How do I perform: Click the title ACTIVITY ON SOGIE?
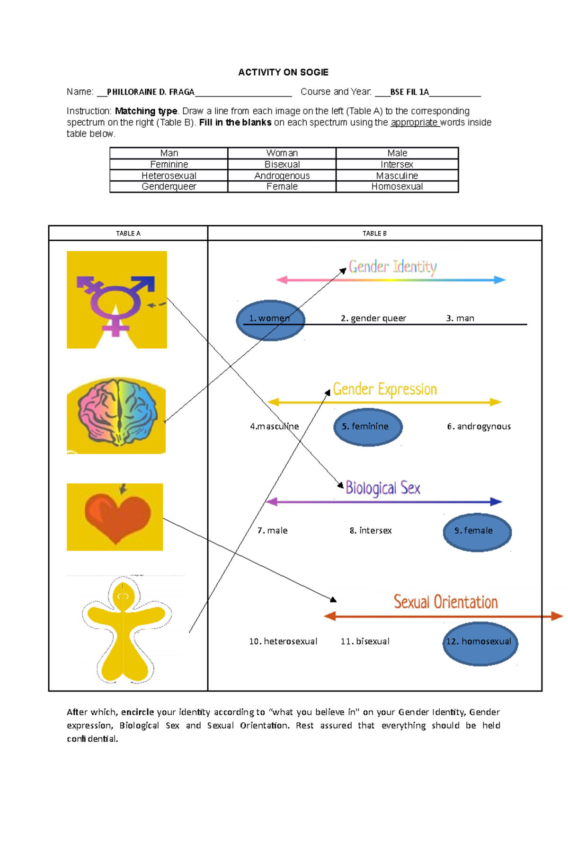283,72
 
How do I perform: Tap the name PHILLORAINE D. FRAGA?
151,92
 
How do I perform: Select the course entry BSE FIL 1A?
409,92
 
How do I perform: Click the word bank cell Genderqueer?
169,187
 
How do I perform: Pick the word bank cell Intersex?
397,165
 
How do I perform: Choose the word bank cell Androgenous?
282,175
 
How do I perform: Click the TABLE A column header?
128,233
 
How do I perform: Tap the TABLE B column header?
374,233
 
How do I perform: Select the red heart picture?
115,517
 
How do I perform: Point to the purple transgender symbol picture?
116,300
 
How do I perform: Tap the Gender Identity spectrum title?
392,267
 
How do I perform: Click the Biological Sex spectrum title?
382,488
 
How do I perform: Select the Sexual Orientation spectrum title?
445,602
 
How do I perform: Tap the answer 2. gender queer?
373,318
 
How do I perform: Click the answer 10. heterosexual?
283,641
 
